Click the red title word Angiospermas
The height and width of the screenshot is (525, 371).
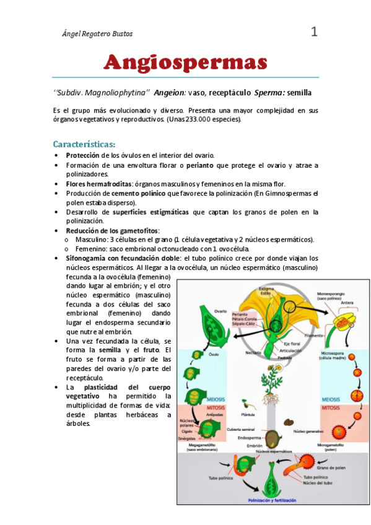[185, 63]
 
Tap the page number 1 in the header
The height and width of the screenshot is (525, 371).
[314, 32]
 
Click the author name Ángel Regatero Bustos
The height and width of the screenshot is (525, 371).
[98, 33]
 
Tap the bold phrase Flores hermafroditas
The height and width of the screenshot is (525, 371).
[98, 184]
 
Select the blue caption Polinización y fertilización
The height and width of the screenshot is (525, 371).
[272, 500]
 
